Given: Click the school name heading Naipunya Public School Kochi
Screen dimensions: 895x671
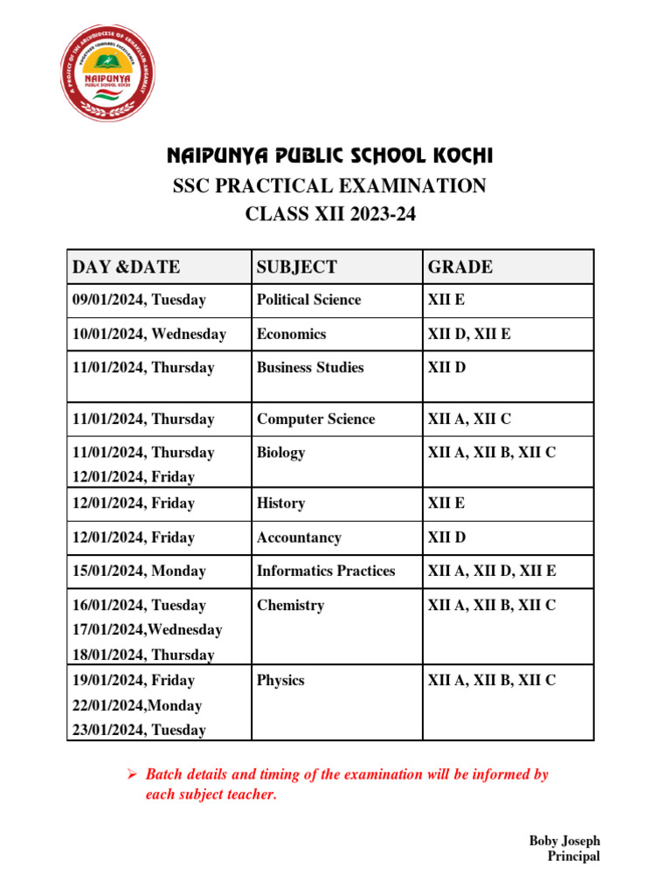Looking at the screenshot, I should pos(330,156).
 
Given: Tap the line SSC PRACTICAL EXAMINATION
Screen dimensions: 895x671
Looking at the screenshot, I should pos(330,186).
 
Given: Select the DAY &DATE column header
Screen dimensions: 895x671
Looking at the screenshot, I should pos(127,267).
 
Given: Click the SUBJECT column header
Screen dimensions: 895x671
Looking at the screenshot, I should pos(296,267).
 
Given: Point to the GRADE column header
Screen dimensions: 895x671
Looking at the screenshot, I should pos(460,267).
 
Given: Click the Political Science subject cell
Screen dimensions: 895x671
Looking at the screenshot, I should pos(308,300).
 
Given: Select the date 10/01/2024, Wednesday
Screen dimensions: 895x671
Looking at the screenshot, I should pos(149,334).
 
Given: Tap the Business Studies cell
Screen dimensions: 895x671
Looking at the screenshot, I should pos(310,367).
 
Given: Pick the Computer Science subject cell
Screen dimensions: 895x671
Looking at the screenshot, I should pos(315,420).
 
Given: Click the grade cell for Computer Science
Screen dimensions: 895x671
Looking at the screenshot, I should pos(469,420).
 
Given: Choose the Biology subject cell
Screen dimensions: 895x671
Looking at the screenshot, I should pos(280,453).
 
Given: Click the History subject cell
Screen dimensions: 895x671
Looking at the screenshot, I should pos(280,503).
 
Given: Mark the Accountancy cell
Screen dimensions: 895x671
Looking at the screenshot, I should pos(299,538).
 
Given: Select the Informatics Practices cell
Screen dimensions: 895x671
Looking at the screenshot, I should pos(326,571).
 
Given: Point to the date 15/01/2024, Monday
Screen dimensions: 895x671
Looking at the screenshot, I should pos(139,571).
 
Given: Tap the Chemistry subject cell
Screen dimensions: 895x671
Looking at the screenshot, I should pos(290,605).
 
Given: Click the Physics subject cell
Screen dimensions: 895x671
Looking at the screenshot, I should pos(280,680).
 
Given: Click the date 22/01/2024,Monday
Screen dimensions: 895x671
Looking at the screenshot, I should pos(137,705).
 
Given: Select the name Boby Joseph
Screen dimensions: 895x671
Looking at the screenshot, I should pos(564,841).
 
